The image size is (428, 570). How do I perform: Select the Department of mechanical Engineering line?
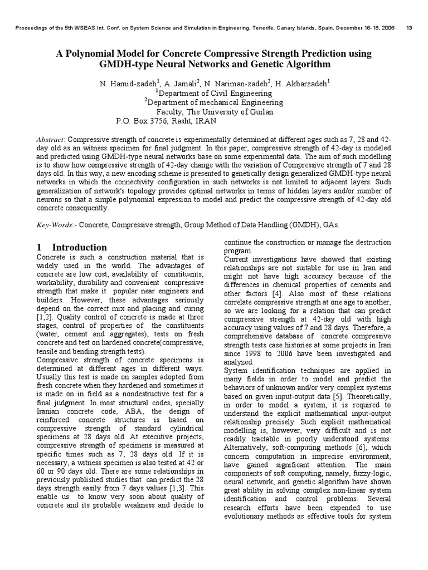click(213, 102)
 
